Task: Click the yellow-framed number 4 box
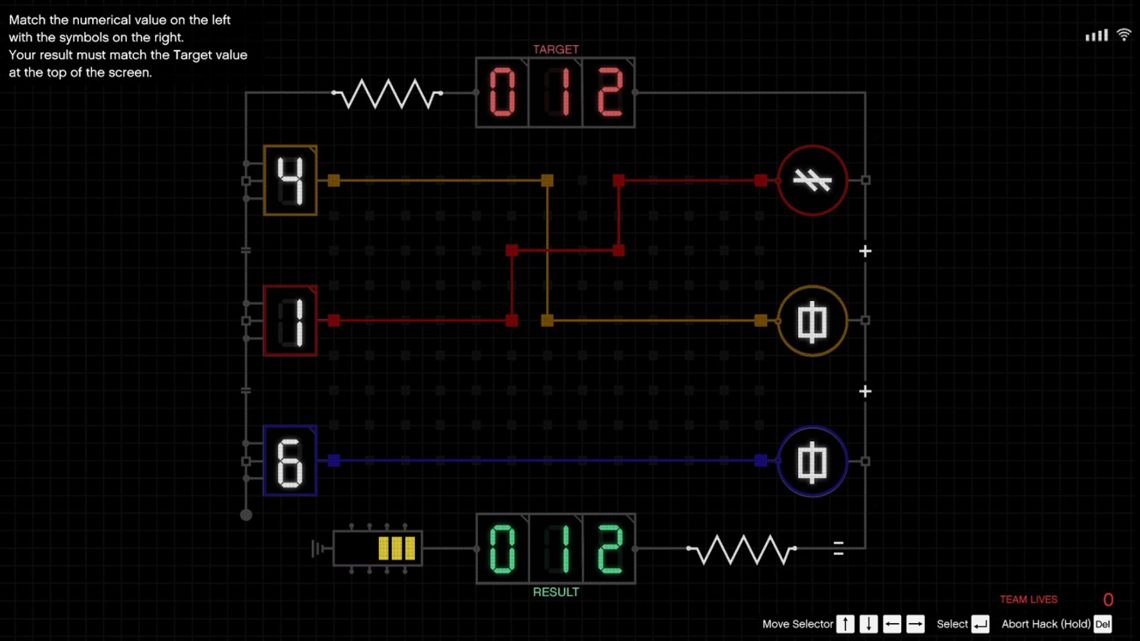290,180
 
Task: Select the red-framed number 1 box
290,320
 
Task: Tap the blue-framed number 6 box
290,461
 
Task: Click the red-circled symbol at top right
812,180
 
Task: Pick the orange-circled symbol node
812,320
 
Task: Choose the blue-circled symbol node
812,461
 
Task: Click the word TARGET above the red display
556,49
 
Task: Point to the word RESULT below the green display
556,592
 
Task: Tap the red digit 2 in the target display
609,92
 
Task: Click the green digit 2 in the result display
609,549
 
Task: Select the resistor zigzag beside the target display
387,93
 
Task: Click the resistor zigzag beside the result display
742,549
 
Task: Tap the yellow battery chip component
378,548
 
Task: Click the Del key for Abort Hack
1103,624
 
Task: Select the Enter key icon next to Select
980,624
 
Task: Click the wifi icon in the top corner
1123,34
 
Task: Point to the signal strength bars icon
1097,36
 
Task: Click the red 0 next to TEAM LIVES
1108,600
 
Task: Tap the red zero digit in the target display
502,92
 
